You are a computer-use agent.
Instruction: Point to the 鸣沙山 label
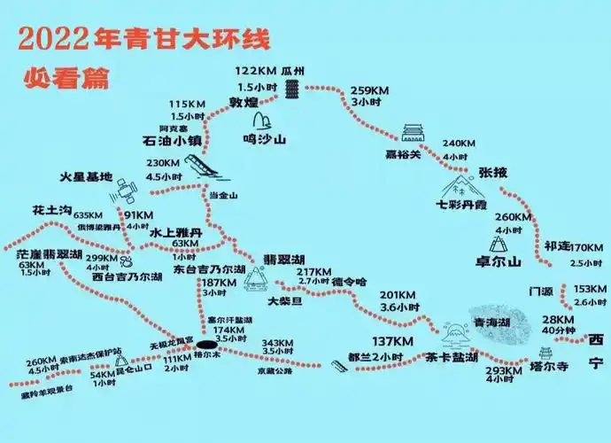(x=264, y=139)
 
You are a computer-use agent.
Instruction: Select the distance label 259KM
(x=369, y=90)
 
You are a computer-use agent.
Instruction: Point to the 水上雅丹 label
(x=176, y=232)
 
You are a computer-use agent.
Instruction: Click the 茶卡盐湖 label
(x=452, y=358)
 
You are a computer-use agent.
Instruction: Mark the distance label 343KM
(x=278, y=343)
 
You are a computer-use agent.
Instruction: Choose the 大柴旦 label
(x=285, y=301)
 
